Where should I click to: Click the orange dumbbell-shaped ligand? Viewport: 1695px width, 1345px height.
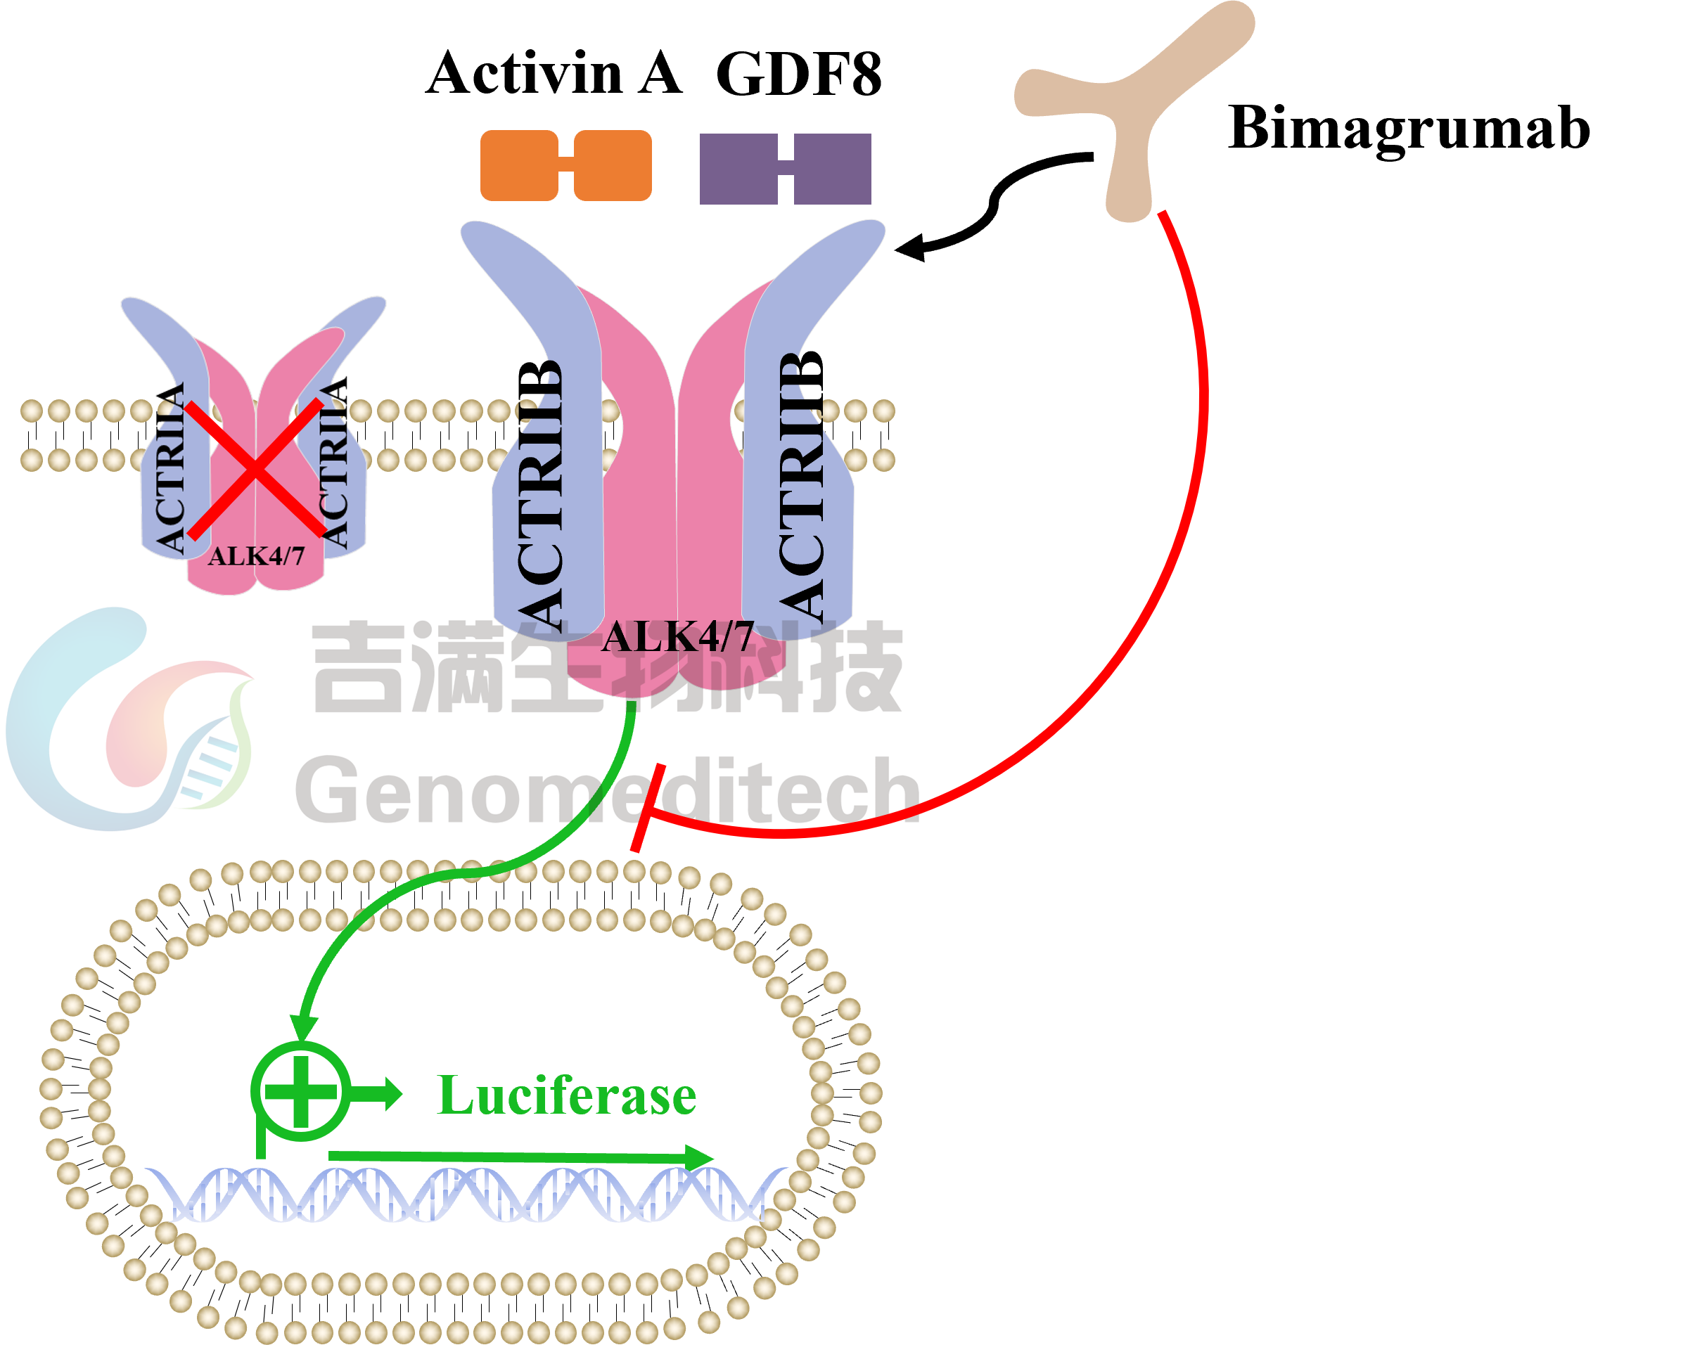565,166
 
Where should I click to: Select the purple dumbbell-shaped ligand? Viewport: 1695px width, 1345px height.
785,169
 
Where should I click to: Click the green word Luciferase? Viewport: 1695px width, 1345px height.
567,1095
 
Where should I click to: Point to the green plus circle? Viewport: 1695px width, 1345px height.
301,1092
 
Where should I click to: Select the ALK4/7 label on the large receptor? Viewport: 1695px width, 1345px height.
678,637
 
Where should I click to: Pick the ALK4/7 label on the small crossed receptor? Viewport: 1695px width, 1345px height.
255,557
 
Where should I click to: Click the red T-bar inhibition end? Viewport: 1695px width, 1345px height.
648,807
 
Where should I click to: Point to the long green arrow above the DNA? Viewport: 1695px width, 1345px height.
519,1157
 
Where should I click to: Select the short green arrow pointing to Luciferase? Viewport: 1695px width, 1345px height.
378,1093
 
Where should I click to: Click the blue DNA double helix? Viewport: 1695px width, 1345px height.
464,1194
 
